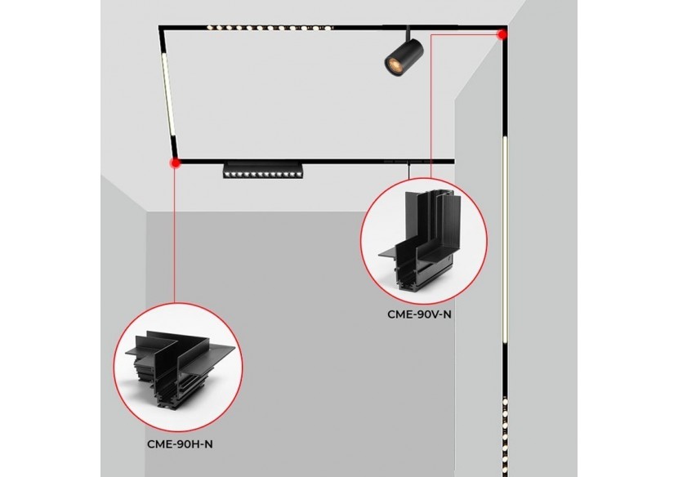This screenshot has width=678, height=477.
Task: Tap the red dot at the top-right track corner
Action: click(502, 34)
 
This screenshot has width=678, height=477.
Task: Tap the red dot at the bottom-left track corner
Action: click(174, 163)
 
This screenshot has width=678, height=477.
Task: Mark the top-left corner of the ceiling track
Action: click(161, 28)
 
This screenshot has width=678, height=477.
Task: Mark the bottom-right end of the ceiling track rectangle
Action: click(454, 161)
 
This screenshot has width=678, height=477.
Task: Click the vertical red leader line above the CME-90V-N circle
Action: click(430, 106)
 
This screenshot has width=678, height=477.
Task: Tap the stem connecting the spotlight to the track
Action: click(409, 33)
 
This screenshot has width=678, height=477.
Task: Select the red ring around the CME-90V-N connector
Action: click(362, 237)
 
